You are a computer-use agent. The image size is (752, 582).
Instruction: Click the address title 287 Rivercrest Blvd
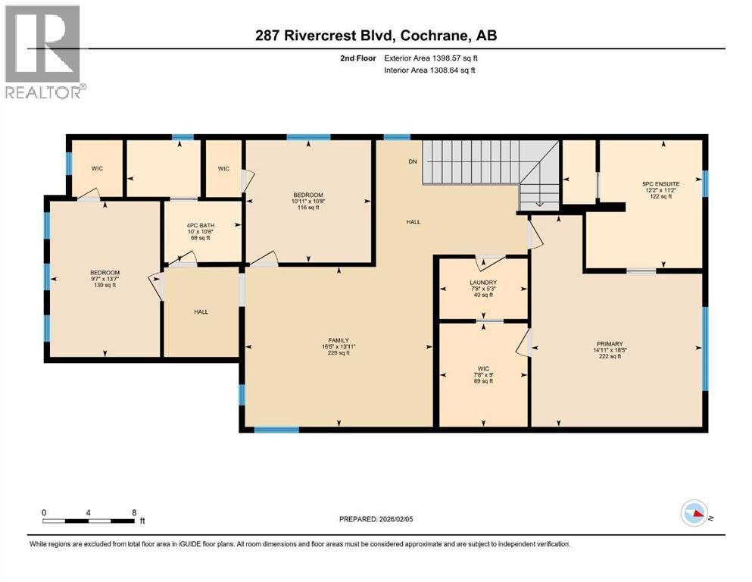coord(376,36)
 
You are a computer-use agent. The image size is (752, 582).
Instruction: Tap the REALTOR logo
coord(44,52)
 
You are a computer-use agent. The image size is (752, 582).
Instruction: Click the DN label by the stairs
coord(413,161)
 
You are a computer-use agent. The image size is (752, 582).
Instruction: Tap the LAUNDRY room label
coord(483,283)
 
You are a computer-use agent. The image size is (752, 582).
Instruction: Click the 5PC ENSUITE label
coord(660,183)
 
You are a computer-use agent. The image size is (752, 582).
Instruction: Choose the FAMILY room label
coord(339,340)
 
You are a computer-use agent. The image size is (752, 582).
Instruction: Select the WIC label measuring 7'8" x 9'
coord(483,374)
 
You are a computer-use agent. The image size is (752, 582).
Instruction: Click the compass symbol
coord(694,515)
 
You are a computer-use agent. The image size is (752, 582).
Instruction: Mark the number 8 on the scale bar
coord(134,512)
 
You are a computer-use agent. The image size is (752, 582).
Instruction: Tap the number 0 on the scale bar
coord(45,512)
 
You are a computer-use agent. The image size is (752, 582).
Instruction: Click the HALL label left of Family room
coord(201,311)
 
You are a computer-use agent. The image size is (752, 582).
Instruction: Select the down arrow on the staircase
coord(538,202)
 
